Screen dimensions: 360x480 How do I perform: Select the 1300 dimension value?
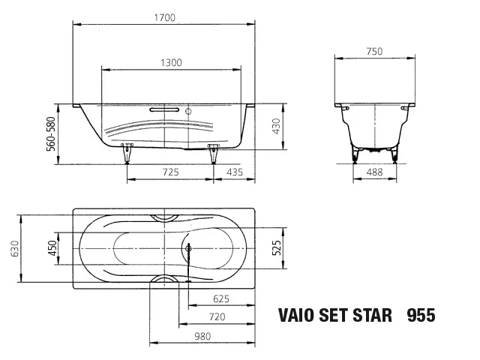pyautogui.click(x=171, y=63)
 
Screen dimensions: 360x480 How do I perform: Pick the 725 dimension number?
pyautogui.click(x=170, y=172)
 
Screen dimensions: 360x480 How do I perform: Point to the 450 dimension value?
pyautogui.click(x=53, y=249)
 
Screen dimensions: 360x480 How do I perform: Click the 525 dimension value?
pyautogui.click(x=276, y=249)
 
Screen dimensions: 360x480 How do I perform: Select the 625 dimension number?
pyautogui.click(x=220, y=298)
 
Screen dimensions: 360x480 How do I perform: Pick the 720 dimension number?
pyautogui.click(x=216, y=318)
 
